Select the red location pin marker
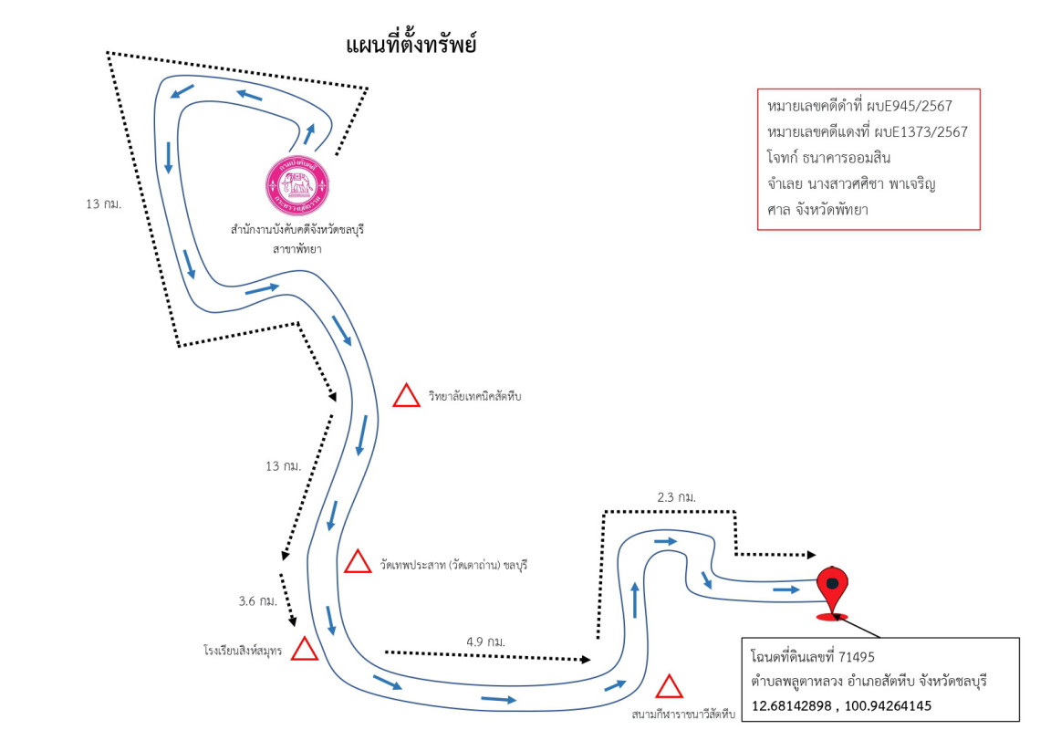pos(830,587)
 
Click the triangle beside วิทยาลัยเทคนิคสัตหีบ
pos(406,395)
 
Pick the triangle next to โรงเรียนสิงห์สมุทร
pos(304,649)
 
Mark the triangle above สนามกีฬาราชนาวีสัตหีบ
pos(670,687)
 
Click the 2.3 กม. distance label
pos(676,497)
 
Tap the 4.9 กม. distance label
pos(485,641)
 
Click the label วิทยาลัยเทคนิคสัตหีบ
pos(474,397)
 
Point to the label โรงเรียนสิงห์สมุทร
pos(244,652)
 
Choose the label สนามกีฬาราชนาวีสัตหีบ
pos(683,714)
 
